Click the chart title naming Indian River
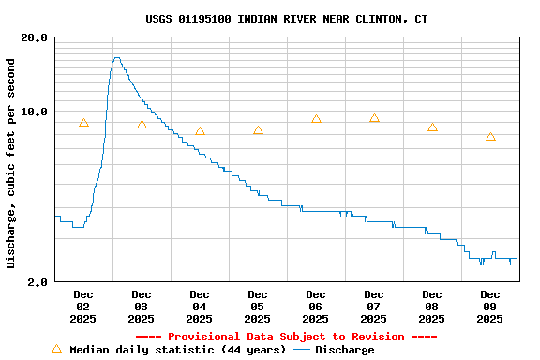[x=287, y=19]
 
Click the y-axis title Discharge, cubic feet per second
[x=11, y=163]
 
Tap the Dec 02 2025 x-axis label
[x=83, y=307]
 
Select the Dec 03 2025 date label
[x=142, y=307]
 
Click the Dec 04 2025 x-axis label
[x=200, y=307]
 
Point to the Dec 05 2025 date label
[x=258, y=307]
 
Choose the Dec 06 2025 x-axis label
[x=316, y=307]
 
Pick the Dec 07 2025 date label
[x=374, y=307]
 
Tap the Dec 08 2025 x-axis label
[x=432, y=307]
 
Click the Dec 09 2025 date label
[x=490, y=307]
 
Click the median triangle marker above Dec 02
[x=83, y=123]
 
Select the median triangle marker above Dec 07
[x=374, y=118]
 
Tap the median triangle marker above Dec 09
[x=490, y=137]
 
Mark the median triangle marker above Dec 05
[x=258, y=130]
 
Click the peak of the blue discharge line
[x=116, y=58]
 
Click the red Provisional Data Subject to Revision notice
[x=286, y=337]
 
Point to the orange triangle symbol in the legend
[x=56, y=349]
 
